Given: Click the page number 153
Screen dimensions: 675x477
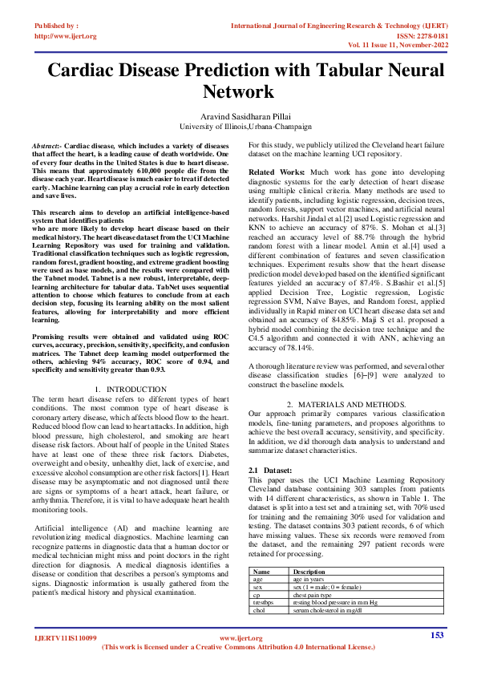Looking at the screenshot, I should pos(437,636).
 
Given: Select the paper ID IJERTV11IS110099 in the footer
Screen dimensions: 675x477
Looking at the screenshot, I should pos(64,639).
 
